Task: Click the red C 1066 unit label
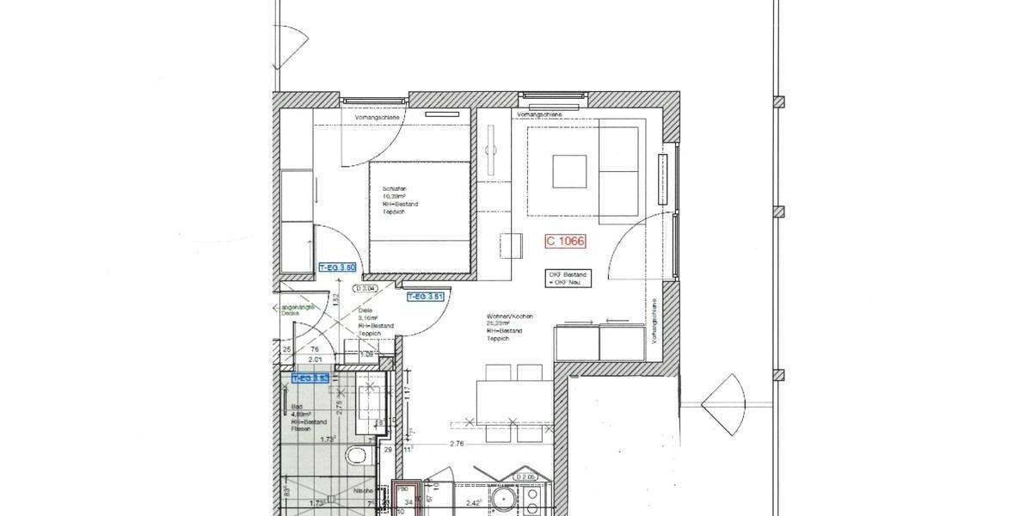(x=565, y=242)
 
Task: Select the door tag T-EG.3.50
(x=337, y=268)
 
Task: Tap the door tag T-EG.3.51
(x=425, y=297)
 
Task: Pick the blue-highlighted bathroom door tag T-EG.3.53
(x=310, y=378)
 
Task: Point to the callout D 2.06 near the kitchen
(x=525, y=476)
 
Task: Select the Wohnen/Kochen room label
(x=509, y=316)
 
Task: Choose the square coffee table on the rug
(x=569, y=170)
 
